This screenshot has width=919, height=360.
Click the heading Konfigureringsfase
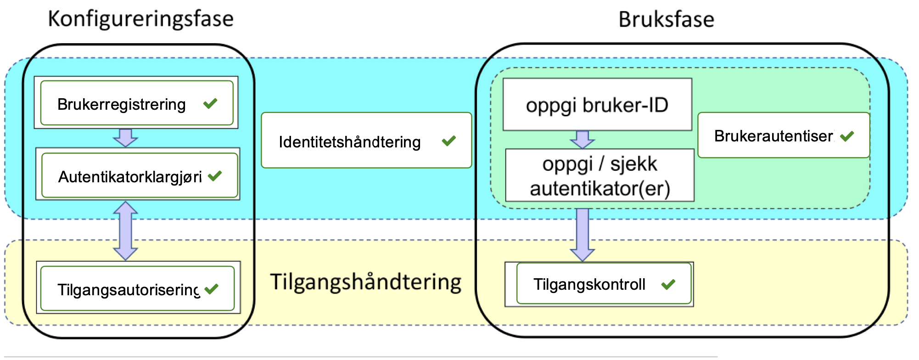pyautogui.click(x=140, y=19)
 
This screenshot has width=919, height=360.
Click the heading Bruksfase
pyautogui.click(x=666, y=20)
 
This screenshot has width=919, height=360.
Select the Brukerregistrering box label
pyautogui.click(x=121, y=105)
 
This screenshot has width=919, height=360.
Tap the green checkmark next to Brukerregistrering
pyautogui.click(x=210, y=103)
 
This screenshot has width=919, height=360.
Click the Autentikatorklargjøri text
pyautogui.click(x=130, y=177)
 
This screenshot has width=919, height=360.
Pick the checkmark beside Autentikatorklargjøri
pyautogui.click(x=215, y=176)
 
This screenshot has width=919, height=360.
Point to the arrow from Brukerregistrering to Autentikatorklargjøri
pyautogui.click(x=125, y=137)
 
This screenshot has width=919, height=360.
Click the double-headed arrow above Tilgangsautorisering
pyautogui.click(x=125, y=231)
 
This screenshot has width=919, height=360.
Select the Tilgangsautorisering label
pyautogui.click(x=128, y=290)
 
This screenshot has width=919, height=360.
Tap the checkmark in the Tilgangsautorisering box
pyautogui.click(x=212, y=289)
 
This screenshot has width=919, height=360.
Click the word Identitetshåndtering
pyautogui.click(x=349, y=142)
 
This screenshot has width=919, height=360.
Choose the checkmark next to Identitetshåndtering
pyautogui.click(x=448, y=141)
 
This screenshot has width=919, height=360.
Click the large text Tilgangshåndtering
pyautogui.click(x=365, y=281)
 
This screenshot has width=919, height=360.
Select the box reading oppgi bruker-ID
pyautogui.click(x=597, y=105)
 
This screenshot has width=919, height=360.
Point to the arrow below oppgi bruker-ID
pyautogui.click(x=582, y=139)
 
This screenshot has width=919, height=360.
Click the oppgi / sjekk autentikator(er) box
pyautogui.click(x=600, y=176)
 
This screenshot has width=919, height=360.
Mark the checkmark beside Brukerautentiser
pyautogui.click(x=847, y=136)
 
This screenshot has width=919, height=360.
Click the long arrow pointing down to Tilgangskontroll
pyautogui.click(x=582, y=234)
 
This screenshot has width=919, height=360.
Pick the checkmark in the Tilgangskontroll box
pyautogui.click(x=668, y=284)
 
